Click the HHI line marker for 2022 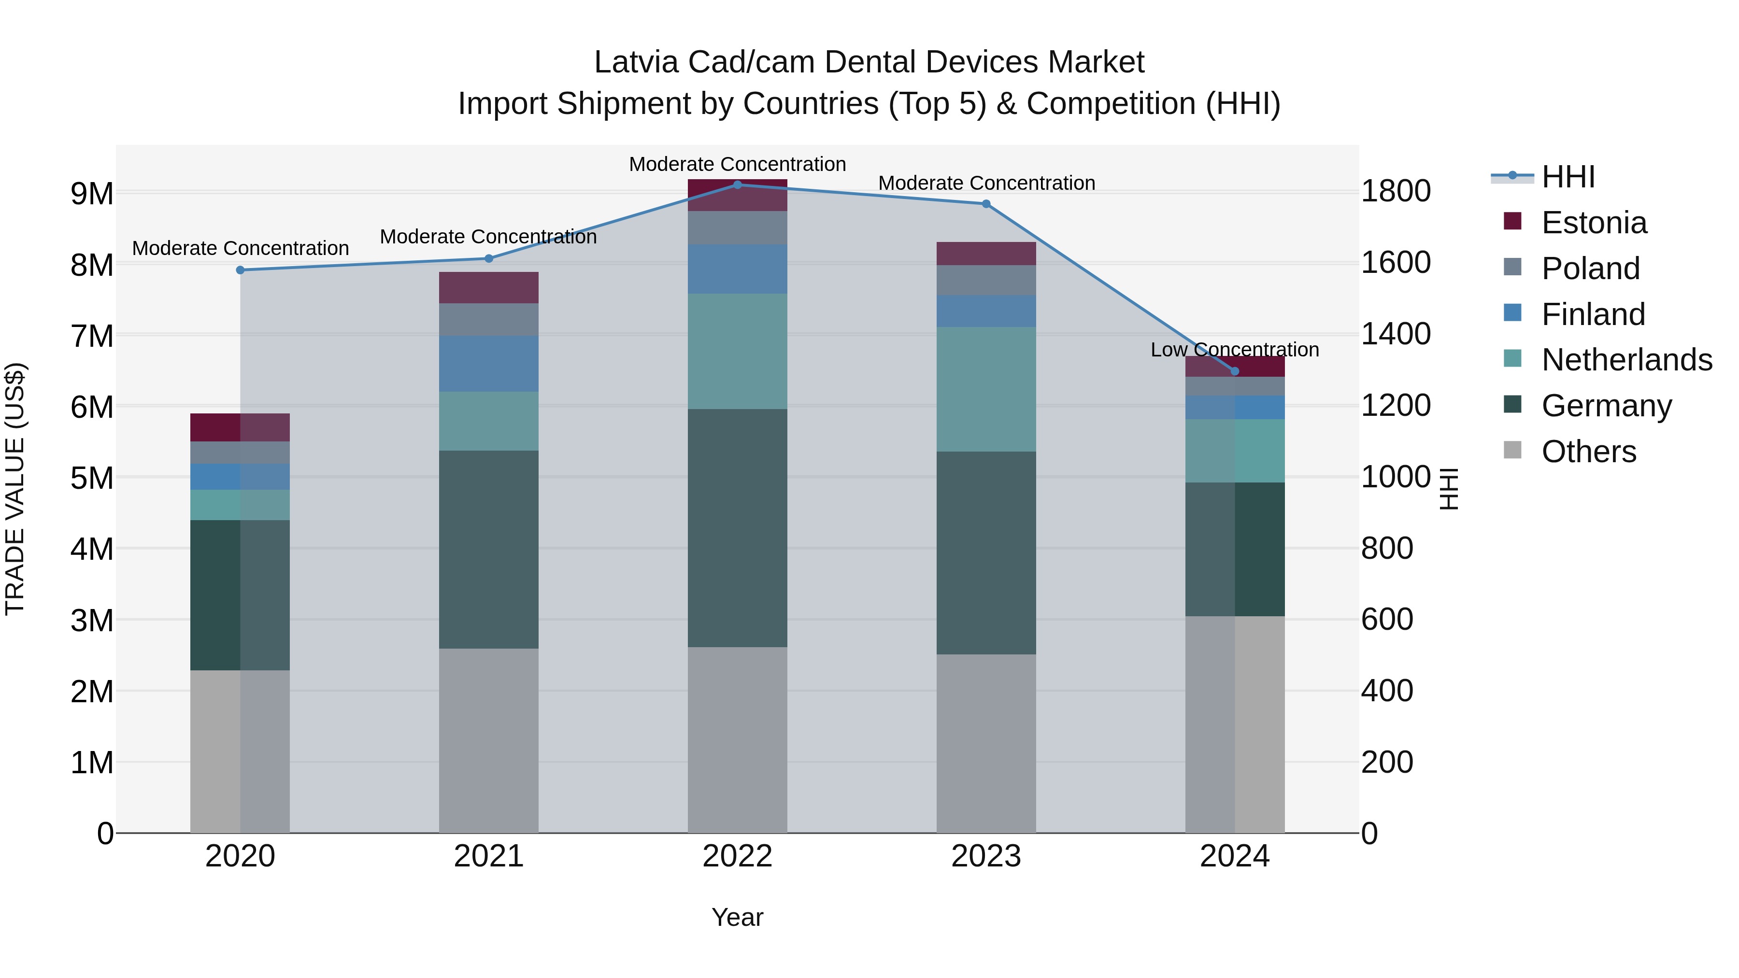point(737,185)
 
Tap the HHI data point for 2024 point(1235,371)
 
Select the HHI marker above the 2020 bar point(241,270)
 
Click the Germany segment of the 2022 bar point(737,528)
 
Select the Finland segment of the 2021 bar point(489,364)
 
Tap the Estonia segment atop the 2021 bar point(489,287)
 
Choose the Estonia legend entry point(1594,223)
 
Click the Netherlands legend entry point(1626,360)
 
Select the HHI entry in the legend point(1568,177)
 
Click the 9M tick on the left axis point(92,194)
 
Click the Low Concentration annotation point(1235,350)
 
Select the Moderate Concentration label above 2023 point(986,183)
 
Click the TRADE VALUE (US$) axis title point(15,489)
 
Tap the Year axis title point(737,917)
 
